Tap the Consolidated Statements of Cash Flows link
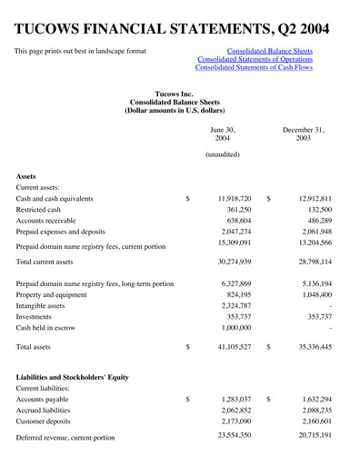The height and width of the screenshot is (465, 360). click(254, 68)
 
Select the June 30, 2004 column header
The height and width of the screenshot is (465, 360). click(222, 135)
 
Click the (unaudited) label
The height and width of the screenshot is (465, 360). click(223, 155)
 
